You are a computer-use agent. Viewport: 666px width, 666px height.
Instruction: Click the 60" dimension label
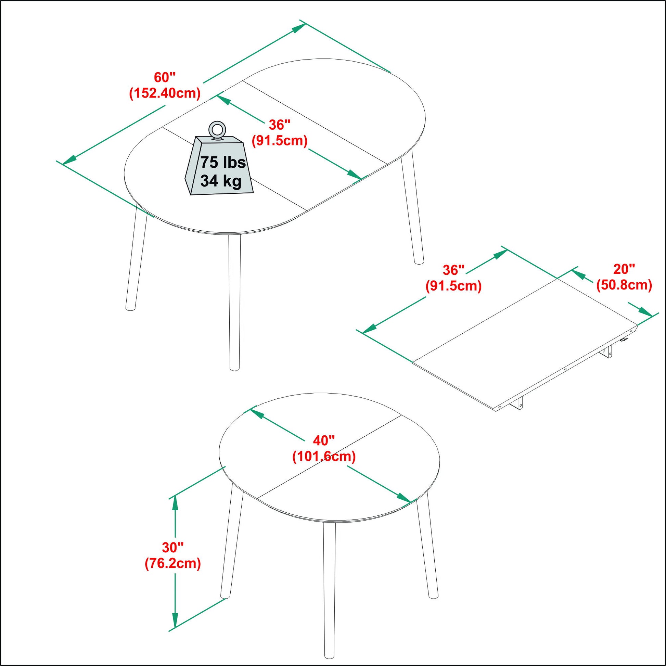pos(164,78)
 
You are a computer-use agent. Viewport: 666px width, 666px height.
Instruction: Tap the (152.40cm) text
pos(164,93)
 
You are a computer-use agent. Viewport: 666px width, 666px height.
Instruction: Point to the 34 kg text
pos(221,181)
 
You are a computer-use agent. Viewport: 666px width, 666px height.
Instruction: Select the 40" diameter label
pos(324,440)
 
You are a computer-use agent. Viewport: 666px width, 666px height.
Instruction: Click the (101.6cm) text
pos(324,457)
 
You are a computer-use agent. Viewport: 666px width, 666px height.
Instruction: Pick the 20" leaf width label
pos(624,269)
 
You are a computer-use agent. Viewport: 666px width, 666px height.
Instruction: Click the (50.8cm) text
pos(624,285)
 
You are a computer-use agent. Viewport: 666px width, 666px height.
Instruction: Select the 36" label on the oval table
pos(280,125)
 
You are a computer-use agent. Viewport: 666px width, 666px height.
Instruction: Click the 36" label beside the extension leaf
pos(454,270)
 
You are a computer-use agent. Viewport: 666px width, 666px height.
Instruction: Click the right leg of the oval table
pos(413,210)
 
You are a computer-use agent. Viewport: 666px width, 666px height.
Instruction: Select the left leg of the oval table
pos(137,258)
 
